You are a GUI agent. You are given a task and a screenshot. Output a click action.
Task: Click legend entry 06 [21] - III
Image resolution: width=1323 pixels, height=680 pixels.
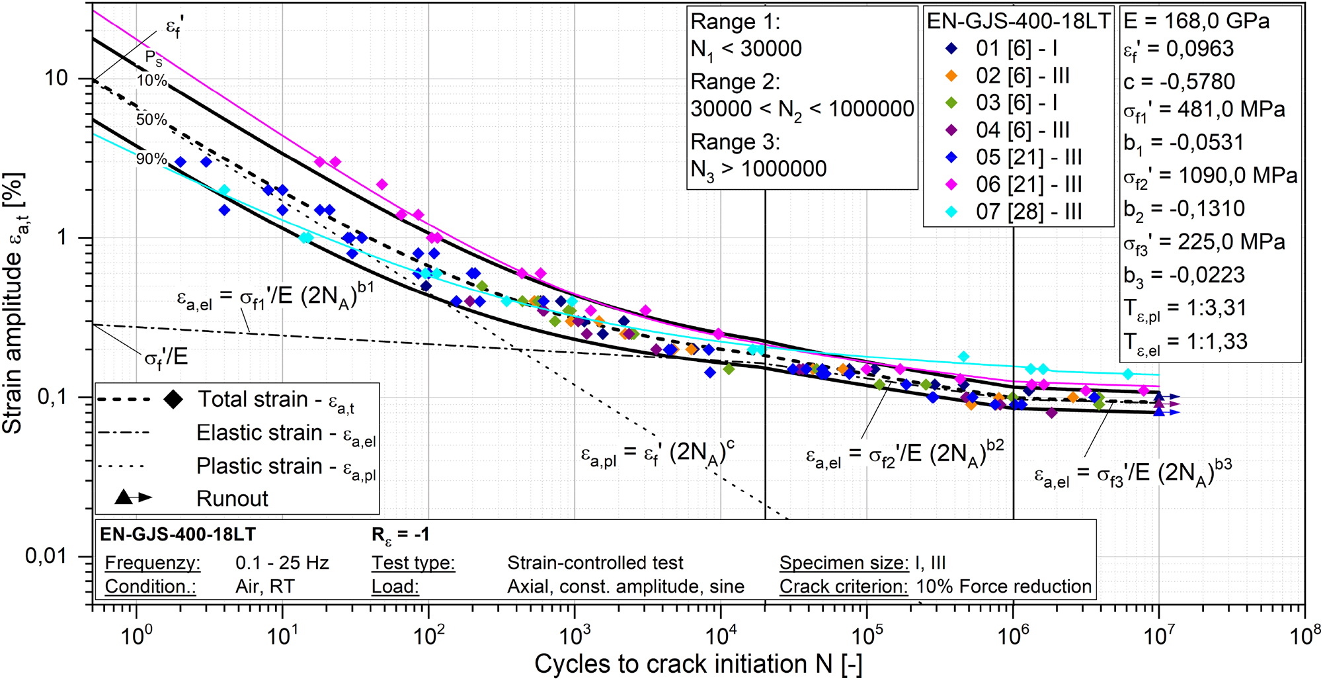(1028, 184)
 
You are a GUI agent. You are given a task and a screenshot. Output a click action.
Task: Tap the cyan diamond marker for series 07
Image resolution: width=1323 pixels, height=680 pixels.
(951, 212)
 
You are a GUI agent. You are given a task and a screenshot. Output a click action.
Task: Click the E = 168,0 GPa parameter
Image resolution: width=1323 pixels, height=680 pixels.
(1197, 21)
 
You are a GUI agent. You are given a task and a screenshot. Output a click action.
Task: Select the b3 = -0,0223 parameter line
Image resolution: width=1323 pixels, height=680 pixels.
(1184, 275)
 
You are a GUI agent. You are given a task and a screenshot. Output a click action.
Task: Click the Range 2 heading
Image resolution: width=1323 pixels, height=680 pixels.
(735, 82)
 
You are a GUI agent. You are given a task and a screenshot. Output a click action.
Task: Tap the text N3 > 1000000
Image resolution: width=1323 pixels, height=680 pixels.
(758, 169)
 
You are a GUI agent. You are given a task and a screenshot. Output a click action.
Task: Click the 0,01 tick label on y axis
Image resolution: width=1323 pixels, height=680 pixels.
(46, 556)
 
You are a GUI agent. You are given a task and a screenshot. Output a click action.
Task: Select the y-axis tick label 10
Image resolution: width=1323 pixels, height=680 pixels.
(56, 78)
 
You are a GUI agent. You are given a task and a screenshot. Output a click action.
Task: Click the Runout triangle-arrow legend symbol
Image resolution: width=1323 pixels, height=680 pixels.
(133, 497)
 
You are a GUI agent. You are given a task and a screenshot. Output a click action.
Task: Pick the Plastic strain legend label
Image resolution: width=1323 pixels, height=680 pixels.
(286, 466)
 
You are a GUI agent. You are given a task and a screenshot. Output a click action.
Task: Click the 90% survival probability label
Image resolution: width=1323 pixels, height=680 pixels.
(151, 159)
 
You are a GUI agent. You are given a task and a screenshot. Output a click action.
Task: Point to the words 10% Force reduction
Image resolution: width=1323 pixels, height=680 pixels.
(1003, 587)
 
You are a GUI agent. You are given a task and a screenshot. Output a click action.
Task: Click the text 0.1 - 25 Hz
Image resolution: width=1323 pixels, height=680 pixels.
(282, 563)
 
